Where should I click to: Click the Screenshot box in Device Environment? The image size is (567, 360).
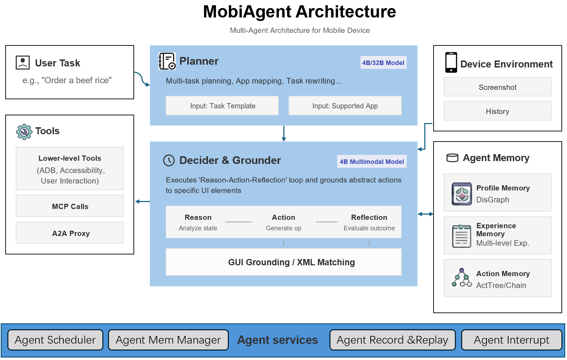[x=497, y=87]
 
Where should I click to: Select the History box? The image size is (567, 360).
[x=497, y=111]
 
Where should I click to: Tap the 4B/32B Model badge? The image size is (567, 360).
[x=383, y=63]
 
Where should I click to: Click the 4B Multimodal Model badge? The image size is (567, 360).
[x=372, y=161]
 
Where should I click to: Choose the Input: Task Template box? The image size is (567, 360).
[x=222, y=106]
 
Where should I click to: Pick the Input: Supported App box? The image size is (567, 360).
[x=345, y=106]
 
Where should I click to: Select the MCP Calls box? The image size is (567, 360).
[x=70, y=206]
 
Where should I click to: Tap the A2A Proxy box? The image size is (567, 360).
[x=70, y=233]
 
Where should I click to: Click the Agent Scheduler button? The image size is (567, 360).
[x=55, y=340]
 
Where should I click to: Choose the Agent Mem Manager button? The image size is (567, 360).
[x=168, y=340]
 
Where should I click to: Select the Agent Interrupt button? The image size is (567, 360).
[x=511, y=340]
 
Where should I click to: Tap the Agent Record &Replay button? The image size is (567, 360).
[x=392, y=340]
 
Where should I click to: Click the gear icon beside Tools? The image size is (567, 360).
[x=24, y=132]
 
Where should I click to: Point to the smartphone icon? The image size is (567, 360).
[x=451, y=63]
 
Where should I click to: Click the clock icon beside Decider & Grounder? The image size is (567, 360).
[x=169, y=160]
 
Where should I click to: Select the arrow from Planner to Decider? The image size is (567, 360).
[x=284, y=134]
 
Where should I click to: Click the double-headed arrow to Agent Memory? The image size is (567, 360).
[x=426, y=214]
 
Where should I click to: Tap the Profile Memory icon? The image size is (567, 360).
[x=461, y=194]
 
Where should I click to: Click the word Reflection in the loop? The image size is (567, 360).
[x=369, y=217]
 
